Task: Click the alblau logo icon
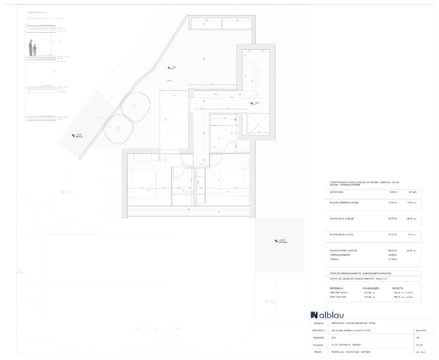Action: click(x=314, y=315)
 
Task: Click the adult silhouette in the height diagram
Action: click(x=31, y=48)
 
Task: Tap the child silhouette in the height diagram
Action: click(x=35, y=50)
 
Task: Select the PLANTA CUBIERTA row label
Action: click(x=344, y=203)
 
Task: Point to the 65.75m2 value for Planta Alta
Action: click(x=392, y=219)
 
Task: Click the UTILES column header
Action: click(x=413, y=192)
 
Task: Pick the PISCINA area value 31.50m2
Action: click(x=393, y=259)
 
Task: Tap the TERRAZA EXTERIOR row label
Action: click(x=340, y=255)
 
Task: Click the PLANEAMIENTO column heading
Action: click(x=371, y=288)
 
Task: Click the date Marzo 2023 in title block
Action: click(x=421, y=331)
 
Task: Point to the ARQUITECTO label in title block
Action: click(x=318, y=331)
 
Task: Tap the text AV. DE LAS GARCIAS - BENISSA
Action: click(x=346, y=345)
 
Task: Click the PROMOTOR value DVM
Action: click(x=333, y=338)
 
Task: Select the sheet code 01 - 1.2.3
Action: click(x=421, y=352)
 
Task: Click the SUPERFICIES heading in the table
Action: click(x=336, y=192)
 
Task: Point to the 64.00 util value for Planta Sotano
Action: click(x=410, y=250)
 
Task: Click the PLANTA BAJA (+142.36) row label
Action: click(x=341, y=235)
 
